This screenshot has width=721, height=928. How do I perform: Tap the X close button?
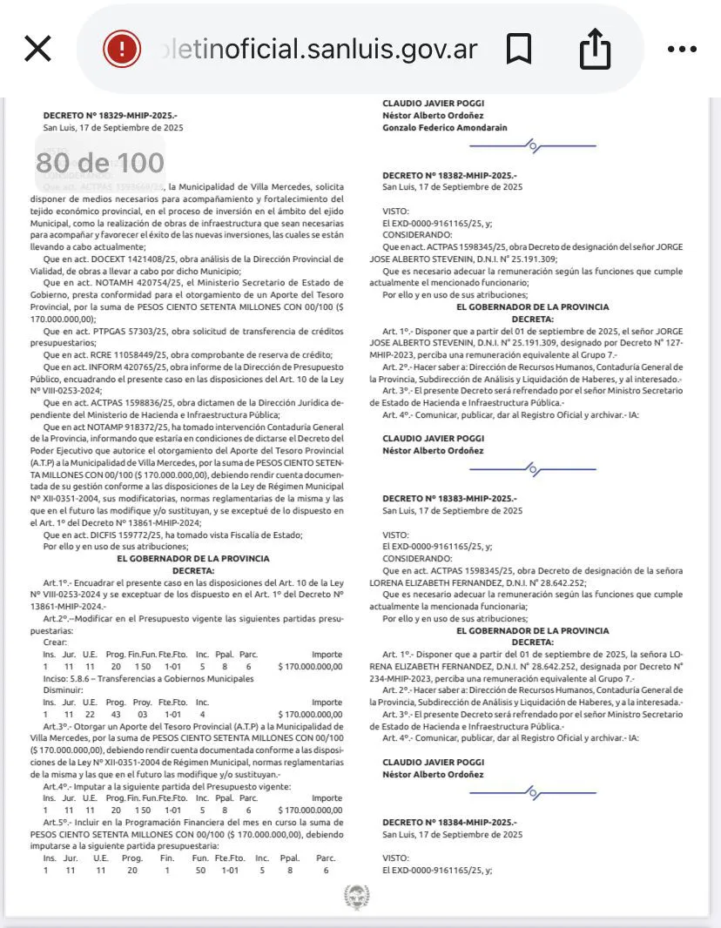coord(37,49)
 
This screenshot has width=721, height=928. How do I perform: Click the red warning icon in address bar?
coord(122,49)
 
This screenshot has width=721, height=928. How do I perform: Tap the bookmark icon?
coord(519,50)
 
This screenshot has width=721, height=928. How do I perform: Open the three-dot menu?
coord(682,50)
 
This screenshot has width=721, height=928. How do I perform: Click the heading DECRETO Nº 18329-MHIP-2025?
coord(110,115)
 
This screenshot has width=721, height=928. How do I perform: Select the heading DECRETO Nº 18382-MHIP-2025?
coord(449,175)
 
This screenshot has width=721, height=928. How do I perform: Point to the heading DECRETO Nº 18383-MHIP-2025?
coord(449,498)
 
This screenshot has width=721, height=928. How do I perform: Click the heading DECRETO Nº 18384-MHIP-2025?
coord(449,822)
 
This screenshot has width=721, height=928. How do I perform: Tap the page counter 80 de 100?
coord(100,163)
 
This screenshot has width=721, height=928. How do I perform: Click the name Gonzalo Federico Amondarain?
coord(444,127)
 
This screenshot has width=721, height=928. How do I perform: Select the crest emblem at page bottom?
coord(356,897)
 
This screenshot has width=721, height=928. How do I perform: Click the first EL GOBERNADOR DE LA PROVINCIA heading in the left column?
coord(193,558)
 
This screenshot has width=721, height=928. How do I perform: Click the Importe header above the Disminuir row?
coord(327,702)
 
